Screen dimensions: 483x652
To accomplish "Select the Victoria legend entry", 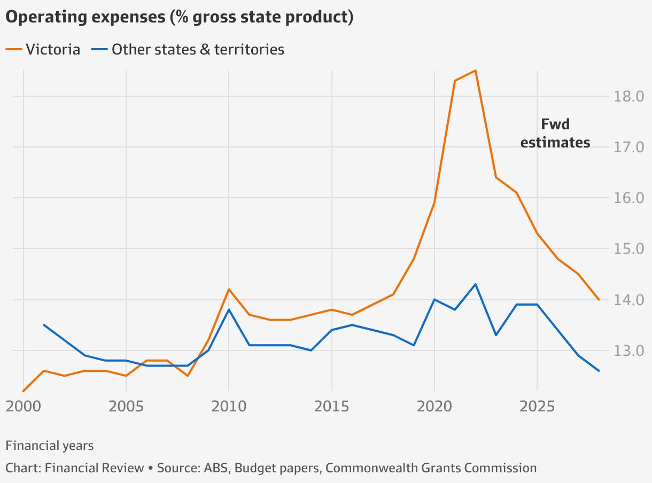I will pos(43,50).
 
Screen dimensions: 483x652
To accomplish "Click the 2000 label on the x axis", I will pos(23,407).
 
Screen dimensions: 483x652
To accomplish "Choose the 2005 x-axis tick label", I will pos(126,407).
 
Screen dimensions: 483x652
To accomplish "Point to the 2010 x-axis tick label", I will pos(229,407).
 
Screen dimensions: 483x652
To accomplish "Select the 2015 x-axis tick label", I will pos(331,407).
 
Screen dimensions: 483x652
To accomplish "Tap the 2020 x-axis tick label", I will pos(434,407).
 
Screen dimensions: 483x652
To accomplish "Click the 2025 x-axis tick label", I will pos(537,407).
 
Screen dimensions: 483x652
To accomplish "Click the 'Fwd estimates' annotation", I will pos(555,134).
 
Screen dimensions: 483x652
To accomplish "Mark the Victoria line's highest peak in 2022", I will pos(475,71).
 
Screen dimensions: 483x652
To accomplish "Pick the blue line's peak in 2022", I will pos(475,284).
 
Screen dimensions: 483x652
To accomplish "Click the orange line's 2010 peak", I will pos(229,289).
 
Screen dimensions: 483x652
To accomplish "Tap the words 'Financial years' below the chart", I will pos(50,446).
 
